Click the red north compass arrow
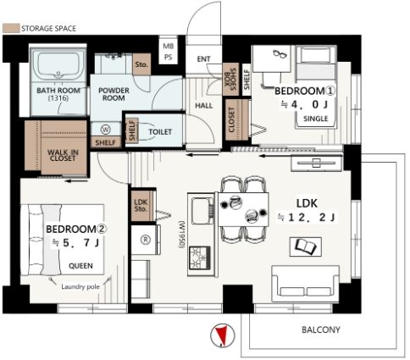pyautogui.click(x=222, y=335)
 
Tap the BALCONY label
pyautogui.click(x=321, y=330)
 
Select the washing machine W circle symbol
pyautogui.click(x=105, y=130)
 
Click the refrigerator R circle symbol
pyautogui.click(x=146, y=240)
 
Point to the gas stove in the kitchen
pyautogui.click(x=200, y=258)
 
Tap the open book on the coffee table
pyautogui.click(x=306, y=246)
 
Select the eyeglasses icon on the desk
pyautogui.click(x=280, y=53)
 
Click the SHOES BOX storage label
pyautogui.click(x=230, y=79)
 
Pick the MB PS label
pyautogui.click(x=169, y=52)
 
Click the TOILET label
pyautogui.click(x=160, y=132)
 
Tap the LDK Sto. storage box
pyautogui.click(x=142, y=206)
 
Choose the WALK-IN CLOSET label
pyautogui.click(x=63, y=155)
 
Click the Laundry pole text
pyautogui.click(x=80, y=287)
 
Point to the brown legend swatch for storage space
pyautogui.click(x=11, y=28)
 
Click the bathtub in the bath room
pyautogui.click(x=58, y=65)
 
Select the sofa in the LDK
pyautogui.click(x=305, y=284)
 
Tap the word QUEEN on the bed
pyautogui.click(x=80, y=266)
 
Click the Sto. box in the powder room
pyautogui.click(x=141, y=64)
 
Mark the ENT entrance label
pyautogui.click(x=203, y=59)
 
